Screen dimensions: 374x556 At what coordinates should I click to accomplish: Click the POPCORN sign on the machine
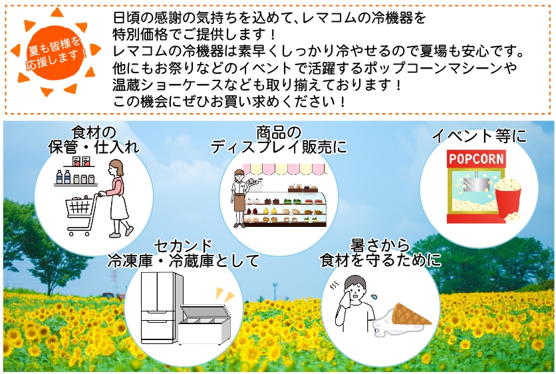[476, 160]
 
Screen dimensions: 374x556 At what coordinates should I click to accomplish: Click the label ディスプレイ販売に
[279, 147]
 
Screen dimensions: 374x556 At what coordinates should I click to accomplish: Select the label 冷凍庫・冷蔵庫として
[183, 261]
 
